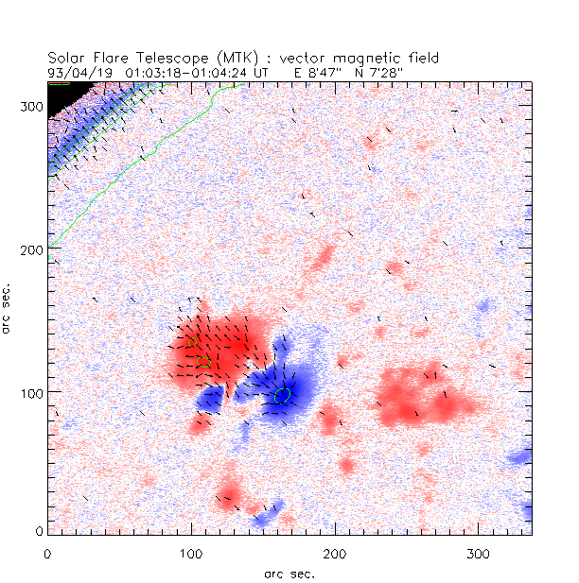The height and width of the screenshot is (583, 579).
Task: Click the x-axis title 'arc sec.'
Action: tap(289, 573)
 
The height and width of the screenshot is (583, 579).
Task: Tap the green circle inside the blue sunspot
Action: tap(281, 396)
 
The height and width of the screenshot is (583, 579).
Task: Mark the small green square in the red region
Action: tap(202, 362)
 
